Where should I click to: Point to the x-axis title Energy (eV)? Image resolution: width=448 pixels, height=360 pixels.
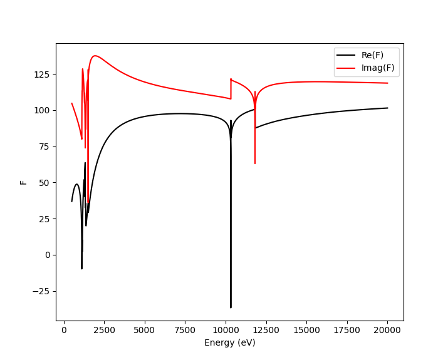click(x=229, y=343)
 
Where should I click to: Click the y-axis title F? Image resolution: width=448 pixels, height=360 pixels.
click(x=24, y=182)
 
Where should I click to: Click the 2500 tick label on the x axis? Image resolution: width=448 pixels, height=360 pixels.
click(x=104, y=330)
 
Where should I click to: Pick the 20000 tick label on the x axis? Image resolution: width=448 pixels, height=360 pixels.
click(x=387, y=330)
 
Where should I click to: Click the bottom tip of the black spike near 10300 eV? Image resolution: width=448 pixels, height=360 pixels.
click(x=231, y=307)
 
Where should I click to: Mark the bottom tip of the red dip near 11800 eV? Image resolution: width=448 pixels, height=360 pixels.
click(x=255, y=163)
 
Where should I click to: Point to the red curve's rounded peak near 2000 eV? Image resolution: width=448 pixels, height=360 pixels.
click(x=95, y=56)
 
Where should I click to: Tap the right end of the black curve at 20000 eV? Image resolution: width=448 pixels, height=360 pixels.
click(x=387, y=108)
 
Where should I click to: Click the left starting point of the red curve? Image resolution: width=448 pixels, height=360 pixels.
click(x=72, y=103)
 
